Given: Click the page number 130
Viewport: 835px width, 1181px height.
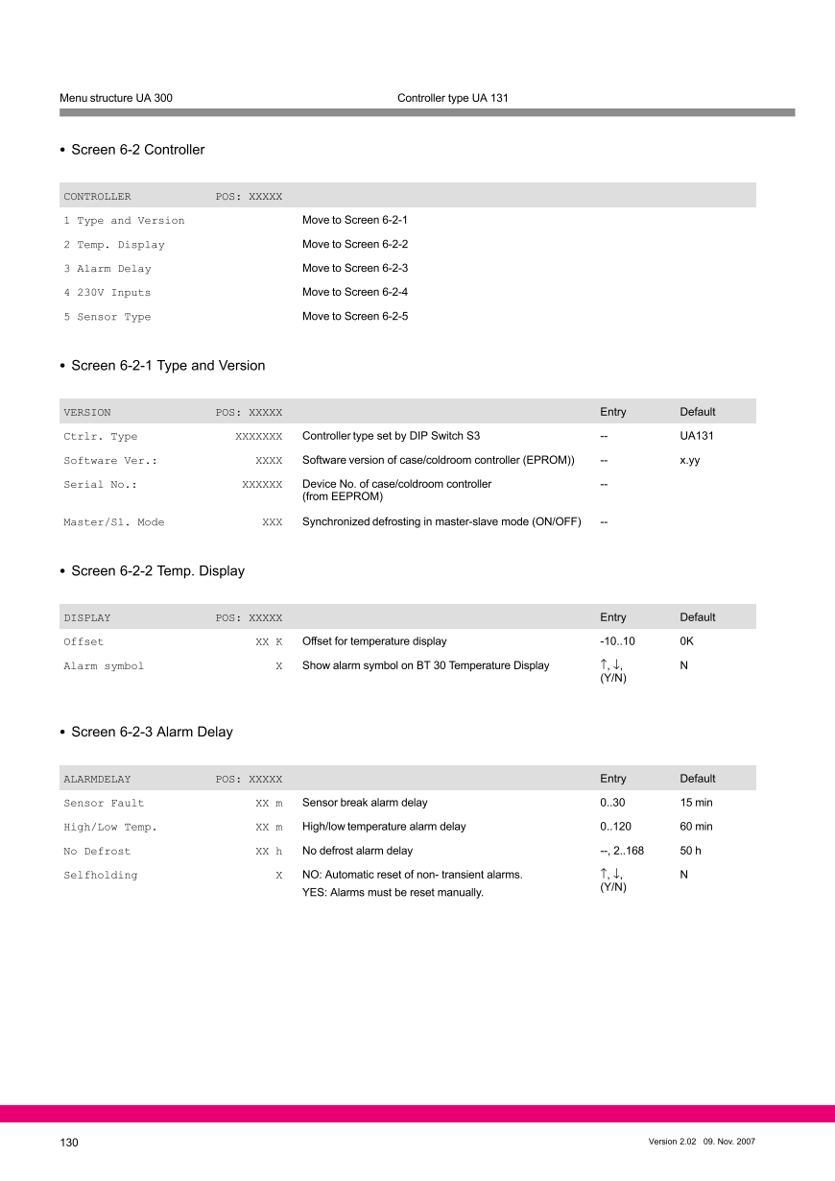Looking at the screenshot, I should click(68, 1142).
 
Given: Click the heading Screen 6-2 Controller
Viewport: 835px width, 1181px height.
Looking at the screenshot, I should click(137, 150).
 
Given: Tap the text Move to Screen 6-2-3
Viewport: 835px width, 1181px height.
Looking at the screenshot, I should click(355, 268).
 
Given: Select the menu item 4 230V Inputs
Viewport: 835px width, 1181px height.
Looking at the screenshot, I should click(107, 293).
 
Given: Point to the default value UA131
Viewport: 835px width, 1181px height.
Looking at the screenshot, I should click(697, 436).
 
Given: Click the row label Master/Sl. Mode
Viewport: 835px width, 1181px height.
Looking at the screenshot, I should click(113, 522).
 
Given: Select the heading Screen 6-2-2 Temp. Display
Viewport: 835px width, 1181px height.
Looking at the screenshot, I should click(157, 571).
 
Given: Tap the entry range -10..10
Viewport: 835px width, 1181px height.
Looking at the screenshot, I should click(617, 641).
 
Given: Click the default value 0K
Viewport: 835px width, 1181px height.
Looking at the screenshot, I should click(686, 641).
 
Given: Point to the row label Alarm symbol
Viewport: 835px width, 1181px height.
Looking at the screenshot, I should click(104, 666).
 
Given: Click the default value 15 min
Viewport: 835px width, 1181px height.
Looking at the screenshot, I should click(696, 803).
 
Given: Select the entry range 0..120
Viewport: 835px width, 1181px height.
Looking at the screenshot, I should click(615, 827).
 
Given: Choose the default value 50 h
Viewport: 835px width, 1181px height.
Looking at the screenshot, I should click(690, 851).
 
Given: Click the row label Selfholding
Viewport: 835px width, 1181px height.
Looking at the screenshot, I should click(100, 876).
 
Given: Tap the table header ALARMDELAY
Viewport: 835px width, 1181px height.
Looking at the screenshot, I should click(97, 779).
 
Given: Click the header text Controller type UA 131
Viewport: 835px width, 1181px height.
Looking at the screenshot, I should click(452, 98).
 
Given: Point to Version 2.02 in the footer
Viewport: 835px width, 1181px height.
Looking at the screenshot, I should click(672, 1142).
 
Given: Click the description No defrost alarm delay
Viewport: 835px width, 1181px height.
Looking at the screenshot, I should click(357, 851).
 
